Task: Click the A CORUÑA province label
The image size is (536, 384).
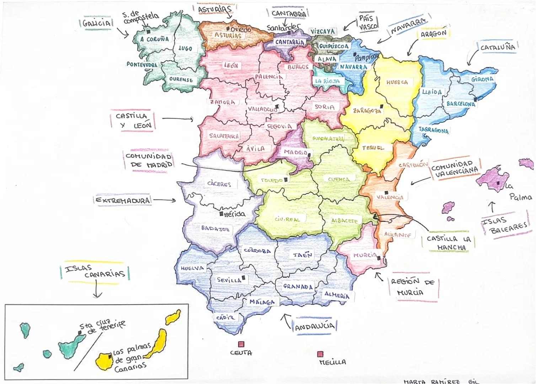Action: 155,39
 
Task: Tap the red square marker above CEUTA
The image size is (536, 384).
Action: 241,344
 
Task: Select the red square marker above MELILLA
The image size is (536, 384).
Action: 320,354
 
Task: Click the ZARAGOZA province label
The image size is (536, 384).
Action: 367,111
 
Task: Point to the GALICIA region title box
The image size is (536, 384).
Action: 96,23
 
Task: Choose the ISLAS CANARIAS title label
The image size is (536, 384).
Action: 95,271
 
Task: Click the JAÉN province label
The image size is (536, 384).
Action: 302,255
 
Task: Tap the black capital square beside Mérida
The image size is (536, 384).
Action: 221,214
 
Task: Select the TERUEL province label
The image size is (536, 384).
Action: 373,148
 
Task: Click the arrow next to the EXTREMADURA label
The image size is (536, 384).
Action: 165,200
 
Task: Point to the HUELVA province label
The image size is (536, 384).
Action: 192,268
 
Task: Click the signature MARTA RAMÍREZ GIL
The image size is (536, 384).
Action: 441,382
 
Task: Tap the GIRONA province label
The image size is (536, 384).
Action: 482,79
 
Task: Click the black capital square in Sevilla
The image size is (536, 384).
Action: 244,277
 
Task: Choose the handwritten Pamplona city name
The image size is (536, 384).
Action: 367,57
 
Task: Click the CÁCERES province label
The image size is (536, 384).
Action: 219,184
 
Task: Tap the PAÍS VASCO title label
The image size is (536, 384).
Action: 368,23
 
